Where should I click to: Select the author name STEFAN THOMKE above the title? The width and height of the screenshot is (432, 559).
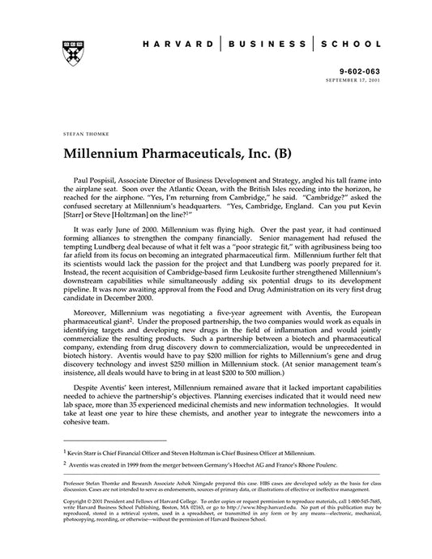coord(80,130)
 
